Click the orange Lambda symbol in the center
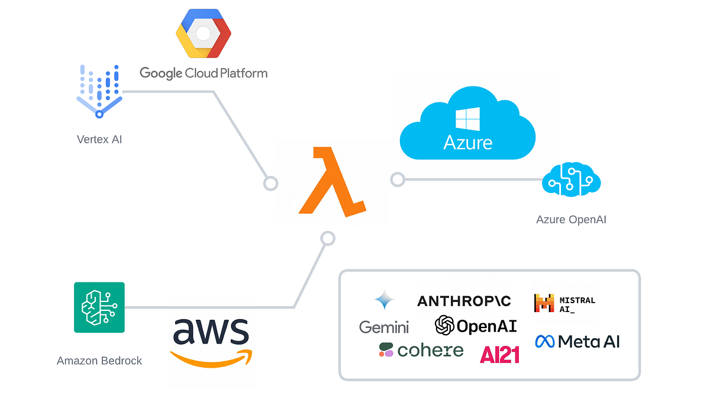(331, 181)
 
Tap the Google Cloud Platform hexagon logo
(202, 34)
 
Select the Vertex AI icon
(99, 92)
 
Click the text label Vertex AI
(99, 140)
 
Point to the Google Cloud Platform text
(204, 73)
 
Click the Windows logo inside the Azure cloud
(467, 119)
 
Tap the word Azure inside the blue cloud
(467, 143)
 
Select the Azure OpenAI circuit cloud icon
(571, 179)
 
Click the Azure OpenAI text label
(571, 220)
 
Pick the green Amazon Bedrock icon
(99, 307)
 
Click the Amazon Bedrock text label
(99, 361)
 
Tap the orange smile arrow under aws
(211, 357)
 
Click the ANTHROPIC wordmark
(464, 301)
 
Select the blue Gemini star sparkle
(384, 301)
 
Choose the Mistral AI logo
(564, 303)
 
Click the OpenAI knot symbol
(444, 325)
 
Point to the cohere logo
(421, 350)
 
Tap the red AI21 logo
(499, 354)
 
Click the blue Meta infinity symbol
(544, 341)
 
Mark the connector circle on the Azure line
(397, 179)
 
